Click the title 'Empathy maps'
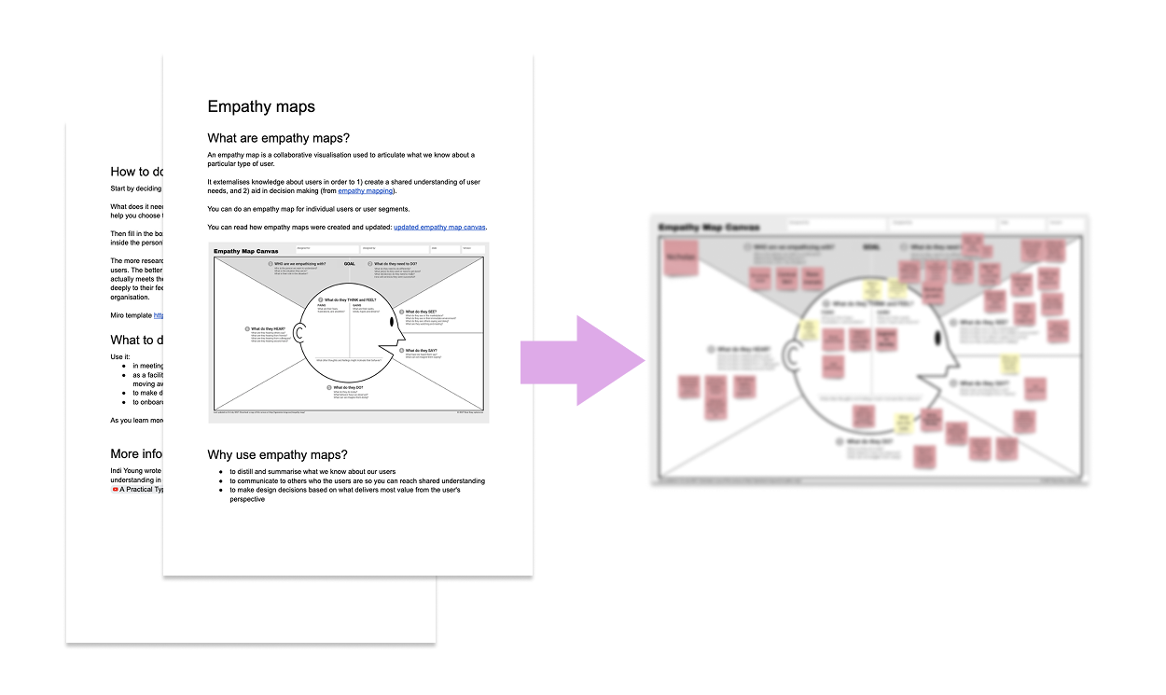coord(261,106)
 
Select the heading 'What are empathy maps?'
coord(279,138)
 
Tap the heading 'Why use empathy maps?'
coord(277,454)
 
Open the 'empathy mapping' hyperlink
coord(366,190)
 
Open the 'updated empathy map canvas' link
coord(439,227)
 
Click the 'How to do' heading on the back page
coord(136,172)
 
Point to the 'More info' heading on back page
coord(136,454)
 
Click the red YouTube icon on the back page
coord(115,489)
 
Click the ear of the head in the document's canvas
coord(300,333)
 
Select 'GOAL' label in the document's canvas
coord(349,264)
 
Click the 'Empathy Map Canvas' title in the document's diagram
coord(245,251)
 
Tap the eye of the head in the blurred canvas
coord(939,337)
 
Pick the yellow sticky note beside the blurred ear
coord(809,329)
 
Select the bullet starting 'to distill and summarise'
coord(312,472)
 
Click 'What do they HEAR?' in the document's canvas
coord(268,328)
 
